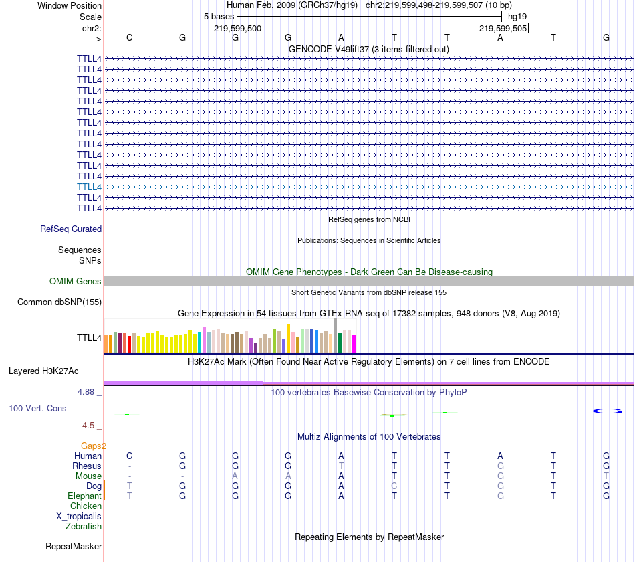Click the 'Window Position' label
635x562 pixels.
(x=70, y=5)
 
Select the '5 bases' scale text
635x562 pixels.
(x=219, y=16)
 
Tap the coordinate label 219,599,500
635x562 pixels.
(x=237, y=28)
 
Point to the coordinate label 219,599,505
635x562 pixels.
(x=503, y=28)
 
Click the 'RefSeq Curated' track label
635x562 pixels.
(x=71, y=229)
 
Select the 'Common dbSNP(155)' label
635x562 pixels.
(x=59, y=302)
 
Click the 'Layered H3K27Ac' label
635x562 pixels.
(x=43, y=371)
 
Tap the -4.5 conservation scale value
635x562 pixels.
(x=90, y=425)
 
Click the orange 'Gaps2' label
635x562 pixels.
(x=94, y=446)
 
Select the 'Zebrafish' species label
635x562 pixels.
(x=84, y=527)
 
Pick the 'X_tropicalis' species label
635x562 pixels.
(x=79, y=517)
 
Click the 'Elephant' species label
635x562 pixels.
(x=84, y=496)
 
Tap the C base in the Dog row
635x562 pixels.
(x=394, y=486)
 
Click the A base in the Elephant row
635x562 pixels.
(x=341, y=496)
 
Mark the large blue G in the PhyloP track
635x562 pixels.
(x=608, y=411)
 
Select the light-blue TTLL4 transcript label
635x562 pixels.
(x=89, y=187)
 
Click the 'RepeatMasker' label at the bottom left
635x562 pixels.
(x=74, y=547)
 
